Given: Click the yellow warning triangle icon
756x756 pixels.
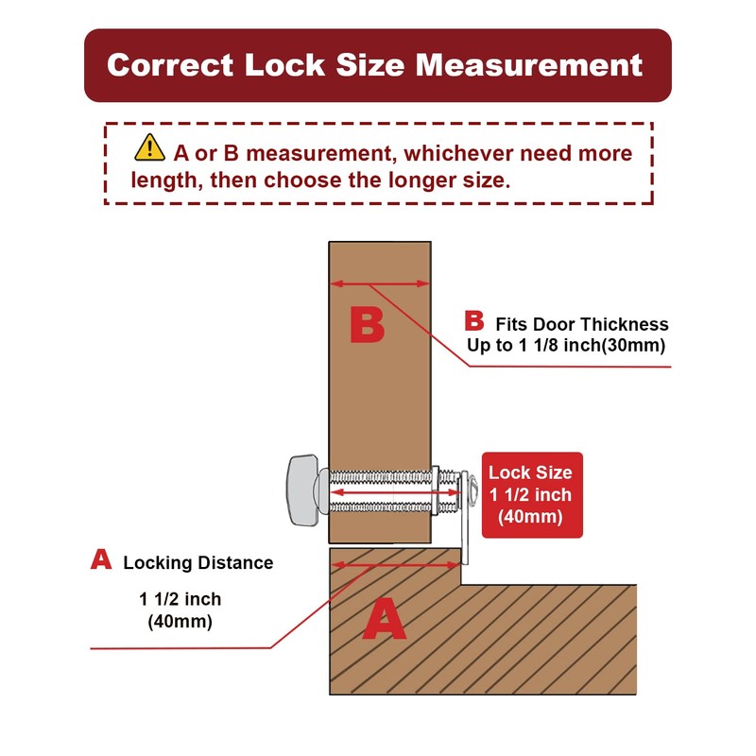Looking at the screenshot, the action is click(149, 147).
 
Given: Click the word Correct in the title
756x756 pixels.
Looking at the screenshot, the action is click(170, 65).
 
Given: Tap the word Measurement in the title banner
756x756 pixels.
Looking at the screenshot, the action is click(529, 65).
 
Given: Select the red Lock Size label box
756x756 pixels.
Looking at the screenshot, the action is click(532, 494).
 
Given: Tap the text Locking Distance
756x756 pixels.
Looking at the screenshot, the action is click(198, 562).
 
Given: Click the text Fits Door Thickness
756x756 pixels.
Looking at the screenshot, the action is click(582, 324).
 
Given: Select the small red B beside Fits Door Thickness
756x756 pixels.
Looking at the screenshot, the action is click(474, 320).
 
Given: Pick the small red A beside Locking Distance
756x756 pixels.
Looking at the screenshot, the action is click(101, 559).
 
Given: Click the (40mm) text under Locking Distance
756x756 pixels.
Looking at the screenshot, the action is click(180, 621).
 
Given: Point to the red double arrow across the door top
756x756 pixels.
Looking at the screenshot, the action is click(380, 284).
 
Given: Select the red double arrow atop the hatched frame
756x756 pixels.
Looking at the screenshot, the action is click(395, 564).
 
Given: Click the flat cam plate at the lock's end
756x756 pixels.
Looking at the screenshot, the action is click(465, 518).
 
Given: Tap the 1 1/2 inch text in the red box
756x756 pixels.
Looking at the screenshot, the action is click(530, 494).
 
